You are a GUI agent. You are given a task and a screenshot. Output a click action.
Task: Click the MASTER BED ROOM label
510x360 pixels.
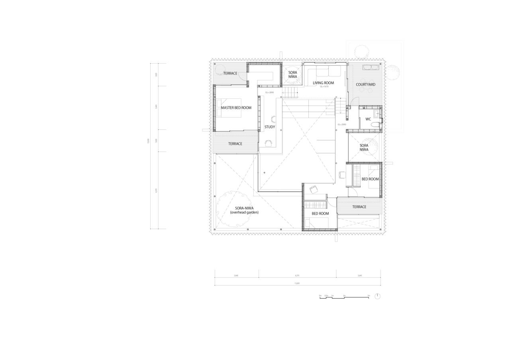[236, 108]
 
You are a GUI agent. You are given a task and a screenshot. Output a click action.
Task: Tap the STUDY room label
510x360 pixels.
[270, 127]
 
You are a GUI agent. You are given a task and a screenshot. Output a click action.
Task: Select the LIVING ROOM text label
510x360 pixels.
[323, 83]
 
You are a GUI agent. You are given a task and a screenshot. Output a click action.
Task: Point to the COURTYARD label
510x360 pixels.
[365, 84]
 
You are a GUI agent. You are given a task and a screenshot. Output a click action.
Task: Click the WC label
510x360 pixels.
[368, 119]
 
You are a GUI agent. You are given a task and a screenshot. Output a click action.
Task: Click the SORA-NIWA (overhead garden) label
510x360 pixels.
[244, 210]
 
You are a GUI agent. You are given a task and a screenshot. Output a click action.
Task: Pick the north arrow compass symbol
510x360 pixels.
[378, 296]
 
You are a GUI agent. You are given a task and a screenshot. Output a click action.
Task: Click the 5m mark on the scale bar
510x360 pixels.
[369, 295]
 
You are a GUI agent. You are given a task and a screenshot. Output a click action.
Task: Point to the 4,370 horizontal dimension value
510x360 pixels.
[297, 276]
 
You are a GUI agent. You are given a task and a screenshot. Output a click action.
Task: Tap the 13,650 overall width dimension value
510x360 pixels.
[297, 284]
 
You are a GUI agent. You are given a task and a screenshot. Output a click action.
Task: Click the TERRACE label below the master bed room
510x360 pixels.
[235, 144]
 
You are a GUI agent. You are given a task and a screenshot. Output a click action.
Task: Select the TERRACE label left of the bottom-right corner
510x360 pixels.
[359, 207]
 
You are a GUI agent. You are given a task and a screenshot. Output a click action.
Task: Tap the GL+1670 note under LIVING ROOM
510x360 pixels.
[324, 86]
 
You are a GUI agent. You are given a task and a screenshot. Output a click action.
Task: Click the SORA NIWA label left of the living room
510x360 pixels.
[292, 74]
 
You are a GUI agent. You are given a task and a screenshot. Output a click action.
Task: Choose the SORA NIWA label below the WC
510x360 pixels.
[364, 147]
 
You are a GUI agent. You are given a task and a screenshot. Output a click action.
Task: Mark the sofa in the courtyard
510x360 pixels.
[370, 67]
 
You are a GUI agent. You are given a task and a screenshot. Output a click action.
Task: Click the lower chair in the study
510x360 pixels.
[268, 143]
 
